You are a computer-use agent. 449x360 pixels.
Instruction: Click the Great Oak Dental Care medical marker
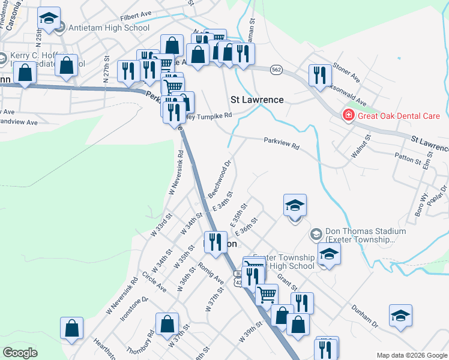coord(347,115)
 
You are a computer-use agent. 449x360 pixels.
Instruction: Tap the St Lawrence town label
coord(257,100)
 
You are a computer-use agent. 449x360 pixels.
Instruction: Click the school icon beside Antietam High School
coord(49,19)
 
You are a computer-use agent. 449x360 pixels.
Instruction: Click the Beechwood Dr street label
coord(220,179)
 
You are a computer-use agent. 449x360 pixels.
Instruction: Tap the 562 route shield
coord(276,70)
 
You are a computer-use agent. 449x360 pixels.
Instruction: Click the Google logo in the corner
coord(20,353)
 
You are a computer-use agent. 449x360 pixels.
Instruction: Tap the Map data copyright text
coord(412,355)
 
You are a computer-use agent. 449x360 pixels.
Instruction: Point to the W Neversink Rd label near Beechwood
coord(175,172)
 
